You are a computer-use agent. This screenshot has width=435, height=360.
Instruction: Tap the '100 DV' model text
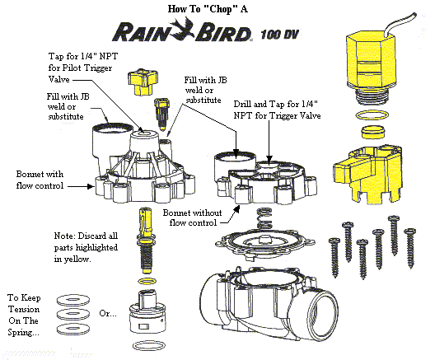coord(279,34)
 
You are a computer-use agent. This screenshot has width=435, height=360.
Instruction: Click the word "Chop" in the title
coord(221,9)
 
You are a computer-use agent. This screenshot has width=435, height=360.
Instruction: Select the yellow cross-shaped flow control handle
coord(143,82)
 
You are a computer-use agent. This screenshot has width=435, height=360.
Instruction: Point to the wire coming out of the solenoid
coord(400,24)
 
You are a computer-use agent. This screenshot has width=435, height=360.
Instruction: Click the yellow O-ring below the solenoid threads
coord(372,115)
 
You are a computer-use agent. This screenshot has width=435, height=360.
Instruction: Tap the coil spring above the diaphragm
coord(264,218)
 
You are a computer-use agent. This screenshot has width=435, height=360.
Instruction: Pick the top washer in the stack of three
coord(73,300)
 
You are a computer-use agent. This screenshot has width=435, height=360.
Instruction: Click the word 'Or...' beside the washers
coord(108,313)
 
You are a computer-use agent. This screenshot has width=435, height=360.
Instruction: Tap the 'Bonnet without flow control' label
coord(193,217)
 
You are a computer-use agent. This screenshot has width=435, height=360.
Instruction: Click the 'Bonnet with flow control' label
coord(40,180)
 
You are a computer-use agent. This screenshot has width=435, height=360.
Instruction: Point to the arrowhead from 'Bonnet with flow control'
coord(91,186)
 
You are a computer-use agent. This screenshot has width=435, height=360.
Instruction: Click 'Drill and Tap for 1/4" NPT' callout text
coord(277,110)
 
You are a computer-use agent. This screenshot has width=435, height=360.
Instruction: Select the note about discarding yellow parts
coord(86,247)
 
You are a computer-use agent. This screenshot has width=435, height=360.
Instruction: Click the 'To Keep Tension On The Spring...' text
coord(24,315)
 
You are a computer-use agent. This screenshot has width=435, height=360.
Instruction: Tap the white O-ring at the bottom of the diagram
coord(148,346)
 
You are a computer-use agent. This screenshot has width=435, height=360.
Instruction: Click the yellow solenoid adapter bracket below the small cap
coord(367,174)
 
